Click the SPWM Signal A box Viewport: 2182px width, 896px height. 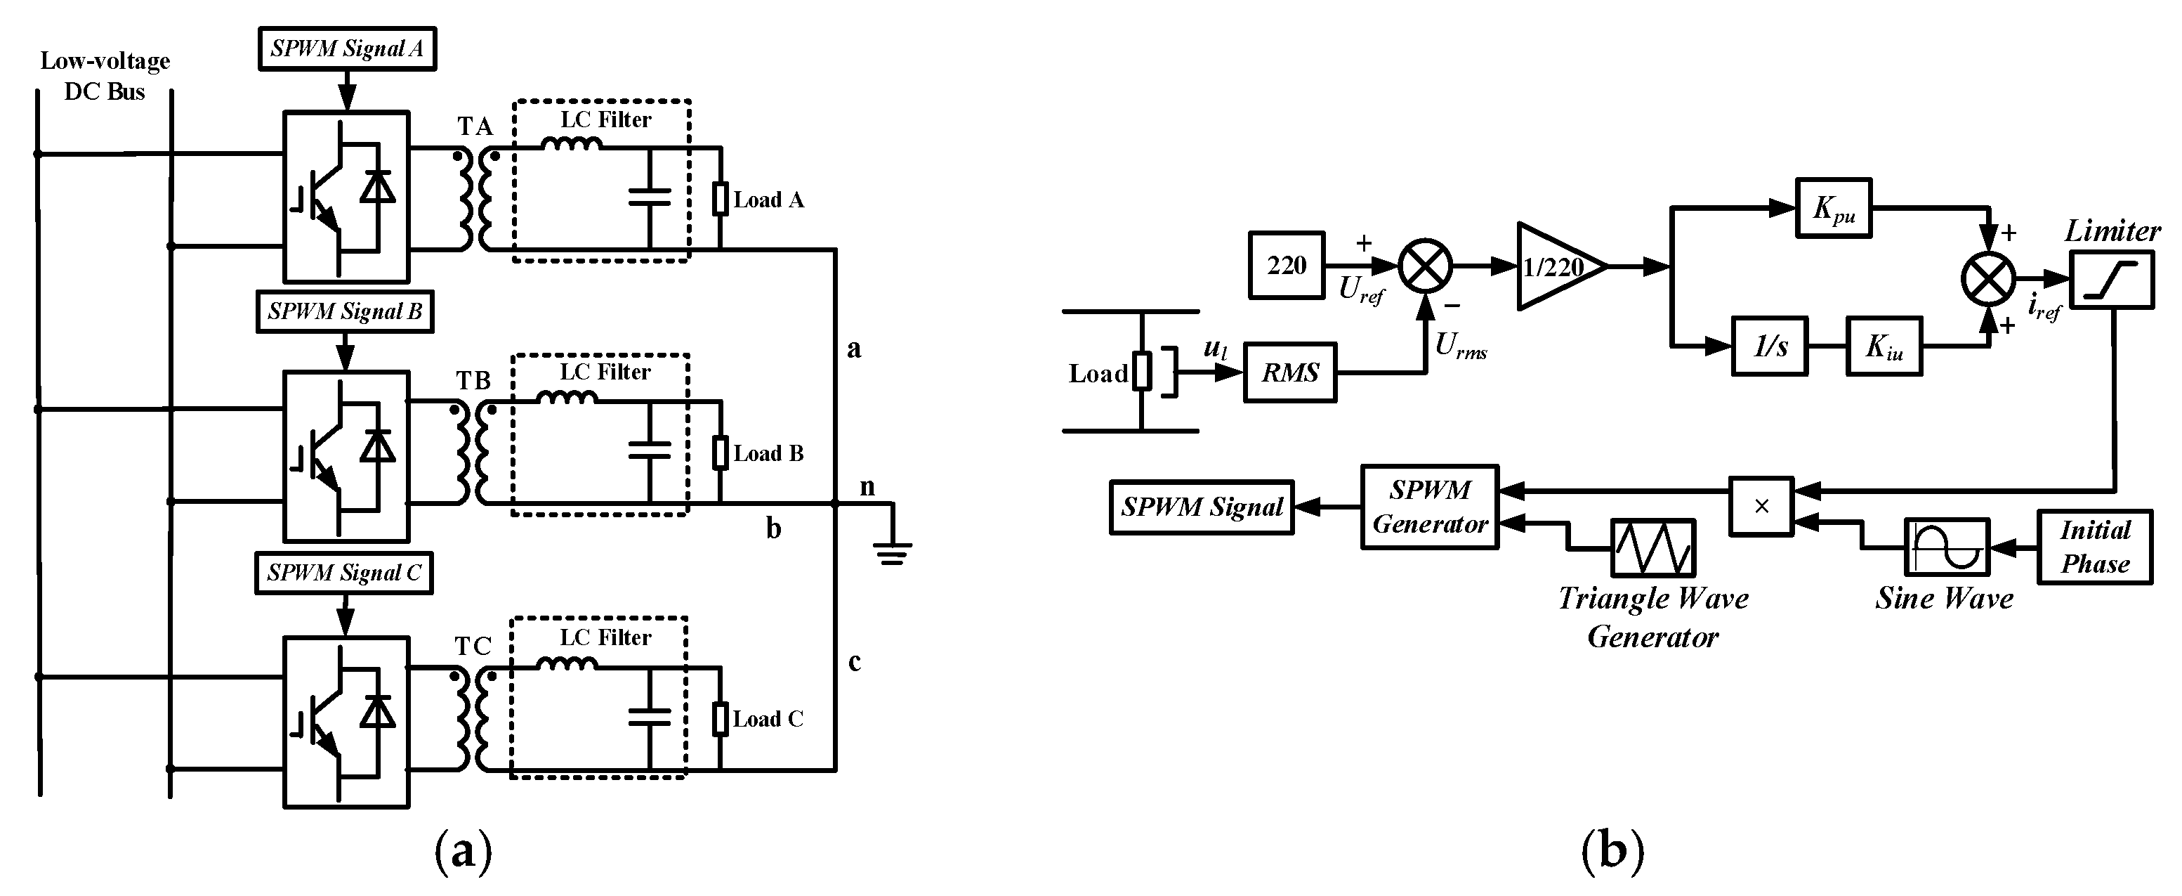pyautogui.click(x=346, y=48)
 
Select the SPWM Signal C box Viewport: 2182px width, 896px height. pyautogui.click(x=344, y=573)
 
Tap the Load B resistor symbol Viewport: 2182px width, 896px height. pyautogui.click(x=719, y=453)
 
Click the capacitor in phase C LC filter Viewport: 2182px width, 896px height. pyautogui.click(x=650, y=717)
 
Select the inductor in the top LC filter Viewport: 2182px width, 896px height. pyautogui.click(x=571, y=145)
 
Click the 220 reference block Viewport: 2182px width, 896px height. pyautogui.click(x=1286, y=266)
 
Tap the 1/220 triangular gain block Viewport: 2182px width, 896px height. pyautogui.click(x=1557, y=267)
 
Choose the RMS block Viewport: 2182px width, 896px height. pyautogui.click(x=1289, y=372)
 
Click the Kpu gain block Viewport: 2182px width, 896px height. pyautogui.click(x=1833, y=208)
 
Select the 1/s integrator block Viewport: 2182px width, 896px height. pyautogui.click(x=1770, y=346)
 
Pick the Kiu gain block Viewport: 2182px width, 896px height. pyautogui.click(x=1884, y=346)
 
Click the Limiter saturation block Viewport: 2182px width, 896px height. pyautogui.click(x=2112, y=280)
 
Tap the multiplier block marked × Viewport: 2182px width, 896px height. pyautogui.click(x=1761, y=506)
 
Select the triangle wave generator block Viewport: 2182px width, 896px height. pyautogui.click(x=1652, y=547)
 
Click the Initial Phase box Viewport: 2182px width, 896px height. pyautogui.click(x=2094, y=547)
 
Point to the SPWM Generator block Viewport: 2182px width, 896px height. pyautogui.click(x=1430, y=507)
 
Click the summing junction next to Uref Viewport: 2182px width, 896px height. pyautogui.click(x=1426, y=266)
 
